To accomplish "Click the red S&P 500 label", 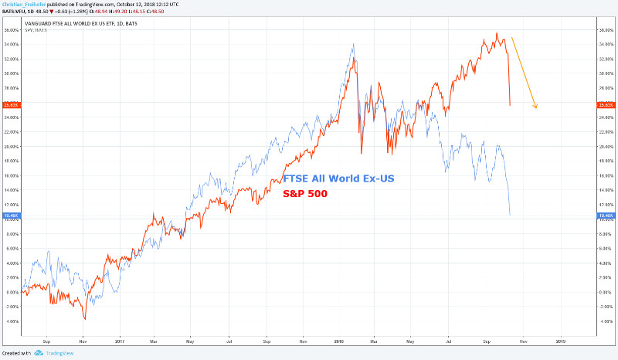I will pyautogui.click(x=305, y=194).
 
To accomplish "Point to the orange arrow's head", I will pyautogui.click(x=534, y=106).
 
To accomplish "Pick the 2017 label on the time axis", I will pyautogui.click(x=120, y=339).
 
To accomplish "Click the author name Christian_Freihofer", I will pyautogui.click(x=23, y=5).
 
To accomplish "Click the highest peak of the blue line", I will pyautogui.click(x=353, y=46).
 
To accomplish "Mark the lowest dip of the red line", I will pyautogui.click(x=85, y=318).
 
